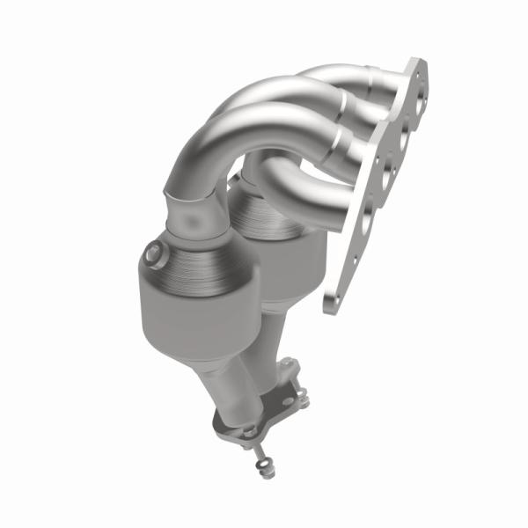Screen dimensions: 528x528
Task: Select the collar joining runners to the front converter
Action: [198, 211]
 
